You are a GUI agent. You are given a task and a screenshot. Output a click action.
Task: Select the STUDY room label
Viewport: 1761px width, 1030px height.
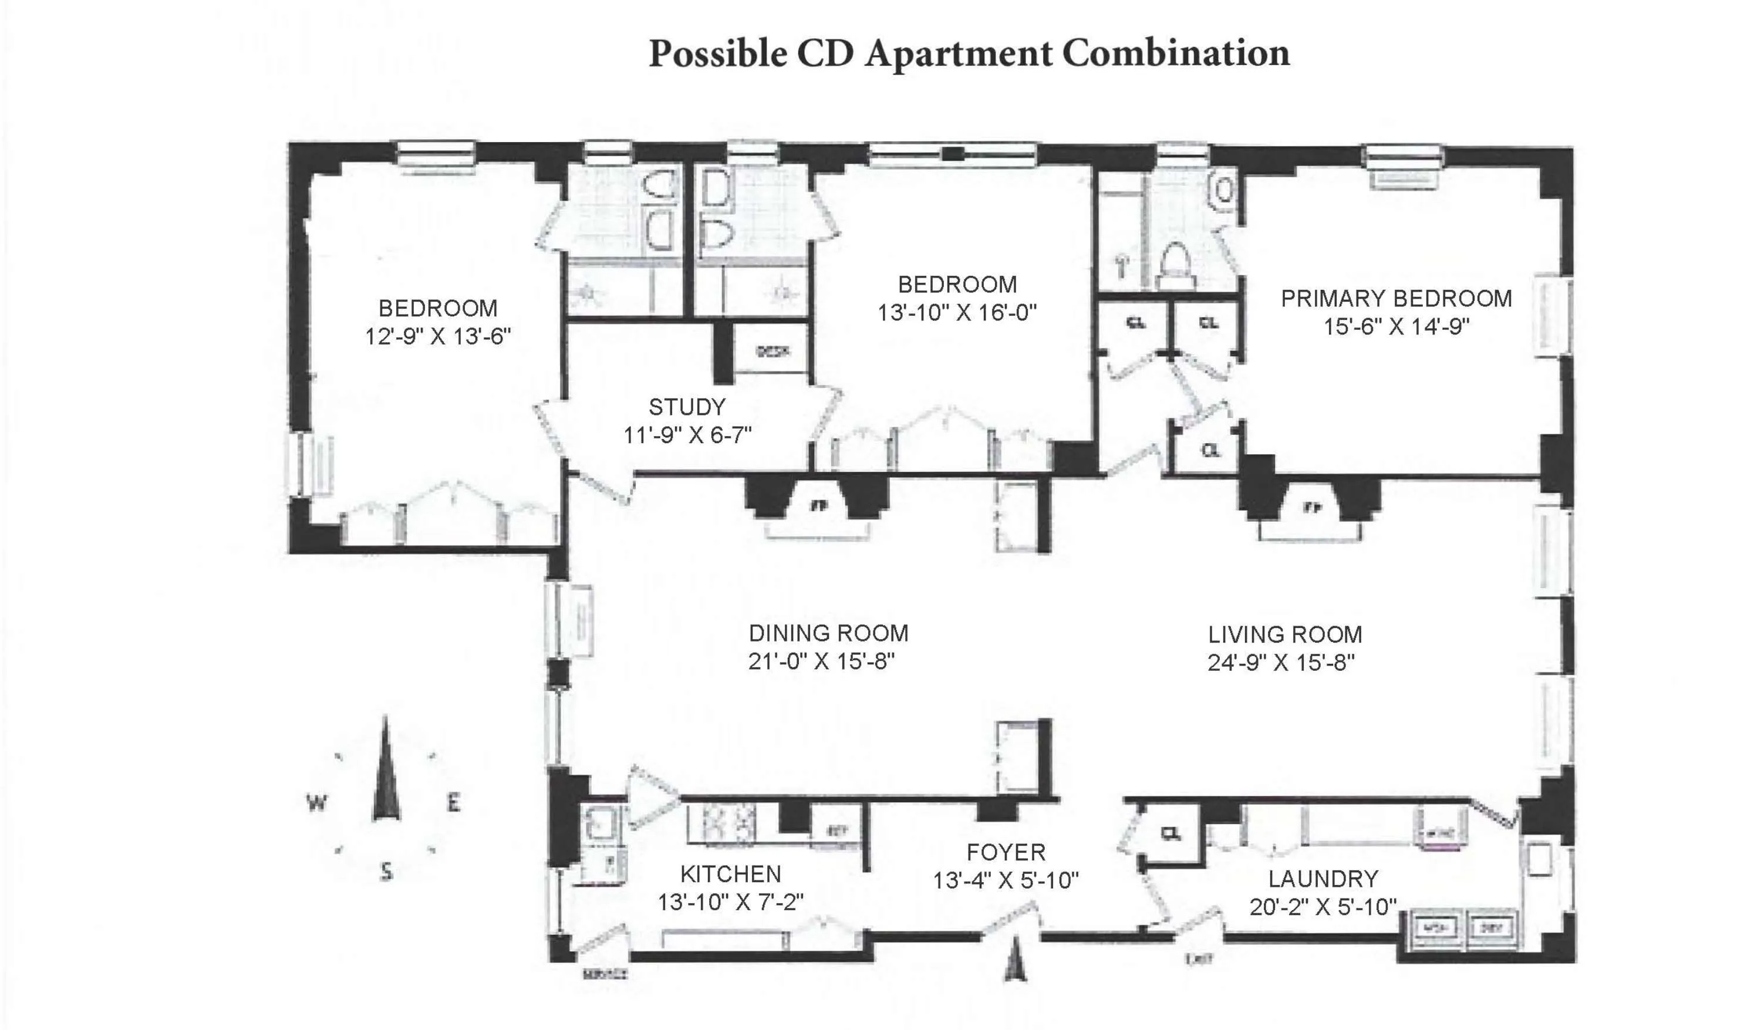coord(687,407)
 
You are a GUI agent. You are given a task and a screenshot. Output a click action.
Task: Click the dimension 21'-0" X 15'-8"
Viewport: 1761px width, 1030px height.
coord(821,661)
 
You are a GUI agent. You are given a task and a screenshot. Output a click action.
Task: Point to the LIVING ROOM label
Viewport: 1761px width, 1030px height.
coord(1285,634)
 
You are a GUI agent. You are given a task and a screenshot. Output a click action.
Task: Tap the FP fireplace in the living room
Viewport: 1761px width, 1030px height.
coord(1313,508)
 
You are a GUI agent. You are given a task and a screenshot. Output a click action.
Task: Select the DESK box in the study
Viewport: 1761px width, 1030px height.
coord(773,352)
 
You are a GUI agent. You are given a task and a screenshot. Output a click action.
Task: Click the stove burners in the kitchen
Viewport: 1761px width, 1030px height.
coord(729,822)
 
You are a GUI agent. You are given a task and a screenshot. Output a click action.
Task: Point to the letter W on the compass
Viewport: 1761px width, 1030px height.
coord(316,802)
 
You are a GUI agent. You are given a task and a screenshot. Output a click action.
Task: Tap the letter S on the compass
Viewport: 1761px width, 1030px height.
coord(386,872)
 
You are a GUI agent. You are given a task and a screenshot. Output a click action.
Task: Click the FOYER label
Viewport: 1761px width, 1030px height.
coord(1006,853)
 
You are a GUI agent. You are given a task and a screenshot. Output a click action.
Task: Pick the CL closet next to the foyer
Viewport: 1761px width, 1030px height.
coord(1171,833)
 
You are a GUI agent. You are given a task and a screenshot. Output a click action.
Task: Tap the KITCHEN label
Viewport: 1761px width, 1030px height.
coord(730,874)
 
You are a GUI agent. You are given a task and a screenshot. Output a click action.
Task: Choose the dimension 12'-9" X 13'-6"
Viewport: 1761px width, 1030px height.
coord(437,337)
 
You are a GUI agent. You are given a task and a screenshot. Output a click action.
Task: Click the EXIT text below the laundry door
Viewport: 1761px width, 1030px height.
coord(1199,960)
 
